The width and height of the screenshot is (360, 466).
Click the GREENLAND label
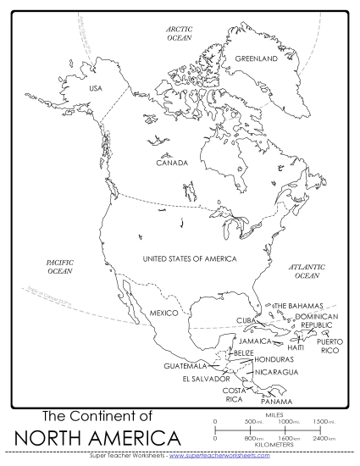pyautogui.click(x=256, y=59)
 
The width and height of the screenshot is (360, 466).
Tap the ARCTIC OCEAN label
pyautogui.click(x=179, y=33)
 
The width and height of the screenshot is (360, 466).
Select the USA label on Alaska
pyautogui.click(x=96, y=89)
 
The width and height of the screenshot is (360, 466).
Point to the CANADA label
pyautogui.click(x=172, y=163)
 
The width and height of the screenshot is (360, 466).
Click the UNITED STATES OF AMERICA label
pyautogui.click(x=189, y=258)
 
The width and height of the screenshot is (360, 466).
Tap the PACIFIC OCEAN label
pyautogui.click(x=59, y=267)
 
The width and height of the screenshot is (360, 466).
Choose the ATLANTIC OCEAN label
pyautogui.click(x=307, y=271)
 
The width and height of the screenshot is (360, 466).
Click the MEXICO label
pyautogui.click(x=163, y=313)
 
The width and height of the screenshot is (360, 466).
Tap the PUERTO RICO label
pyautogui.click(x=329, y=346)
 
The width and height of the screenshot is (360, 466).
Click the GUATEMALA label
pyautogui.click(x=186, y=366)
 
